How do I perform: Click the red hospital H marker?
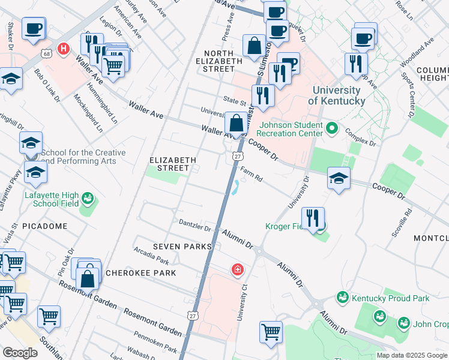tap(62, 48)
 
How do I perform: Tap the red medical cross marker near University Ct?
tap(238, 270)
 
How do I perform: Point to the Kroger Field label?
tap(286, 226)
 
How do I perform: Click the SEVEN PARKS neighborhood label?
tap(182, 247)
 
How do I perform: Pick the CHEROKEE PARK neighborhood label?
tap(140, 273)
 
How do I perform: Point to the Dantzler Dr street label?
tap(195, 225)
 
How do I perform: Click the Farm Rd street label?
tap(252, 175)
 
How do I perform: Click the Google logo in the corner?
tap(20, 352)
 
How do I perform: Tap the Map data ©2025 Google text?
tap(411, 355)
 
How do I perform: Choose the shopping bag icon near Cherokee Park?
tap(88, 278)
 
